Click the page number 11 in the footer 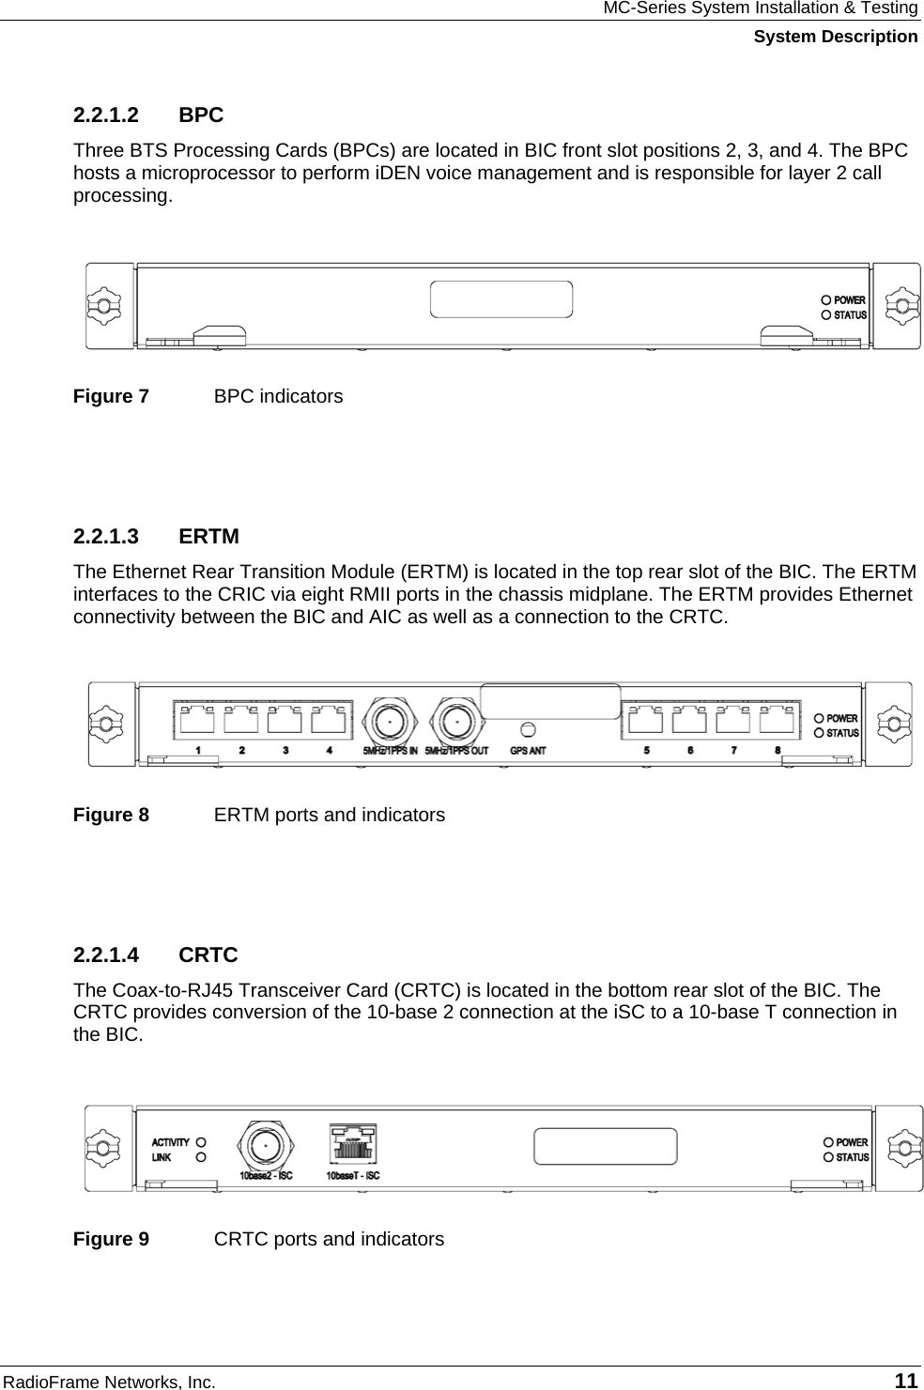pyautogui.click(x=906, y=1381)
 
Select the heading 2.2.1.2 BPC pyautogui.click(x=148, y=115)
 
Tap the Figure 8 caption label pyautogui.click(x=111, y=815)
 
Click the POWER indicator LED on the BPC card pyautogui.click(x=826, y=300)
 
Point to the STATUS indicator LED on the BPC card pyautogui.click(x=826, y=315)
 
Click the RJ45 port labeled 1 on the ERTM pyautogui.click(x=198, y=720)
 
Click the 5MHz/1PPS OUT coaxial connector pyautogui.click(x=456, y=722)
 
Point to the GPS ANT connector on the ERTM pyautogui.click(x=528, y=729)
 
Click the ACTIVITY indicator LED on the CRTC pyautogui.click(x=200, y=1143)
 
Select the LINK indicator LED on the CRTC pyautogui.click(x=200, y=1158)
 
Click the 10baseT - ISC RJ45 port pyautogui.click(x=353, y=1145)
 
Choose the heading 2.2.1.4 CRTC pyautogui.click(x=155, y=955)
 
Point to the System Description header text pyautogui.click(x=836, y=37)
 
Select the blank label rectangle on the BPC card pyautogui.click(x=501, y=298)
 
